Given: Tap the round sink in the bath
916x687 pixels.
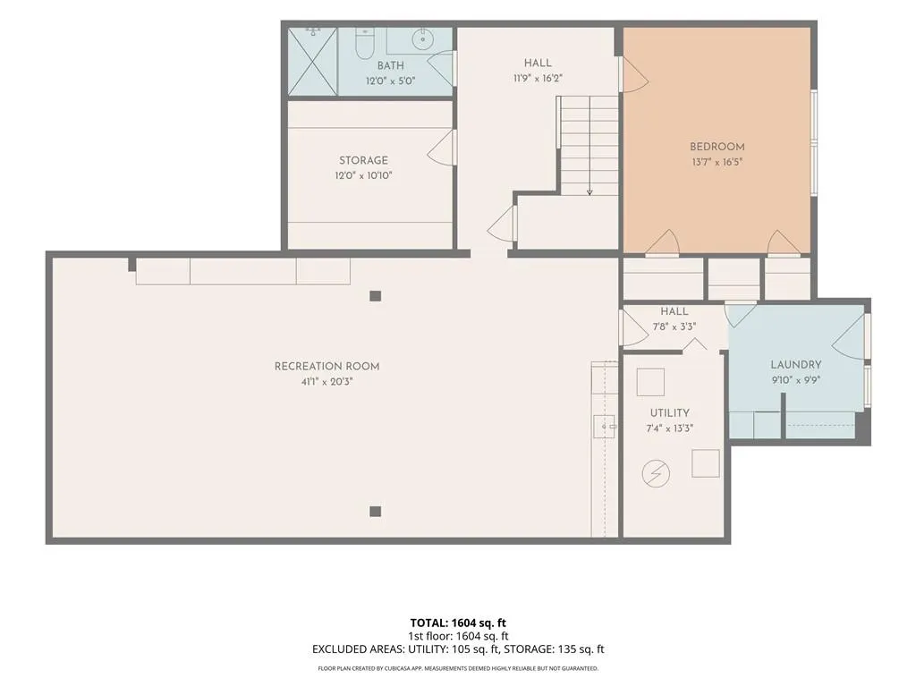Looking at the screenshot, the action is point(422,39).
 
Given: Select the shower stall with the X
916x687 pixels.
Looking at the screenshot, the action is point(312,61).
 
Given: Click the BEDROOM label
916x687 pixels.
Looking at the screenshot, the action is point(717,147).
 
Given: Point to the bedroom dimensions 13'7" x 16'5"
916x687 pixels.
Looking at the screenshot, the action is point(717,162).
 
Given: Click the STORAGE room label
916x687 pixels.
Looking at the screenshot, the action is point(363,160).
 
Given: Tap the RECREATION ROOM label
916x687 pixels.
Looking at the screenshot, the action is point(327,366).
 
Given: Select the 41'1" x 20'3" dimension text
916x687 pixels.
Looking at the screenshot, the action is point(327,381).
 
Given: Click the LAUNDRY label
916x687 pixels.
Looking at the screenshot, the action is point(795,365).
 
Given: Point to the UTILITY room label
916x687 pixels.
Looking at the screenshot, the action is point(669,412).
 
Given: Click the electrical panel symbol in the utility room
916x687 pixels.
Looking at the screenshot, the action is point(656,473).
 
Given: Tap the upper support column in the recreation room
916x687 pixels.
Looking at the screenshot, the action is point(376,295).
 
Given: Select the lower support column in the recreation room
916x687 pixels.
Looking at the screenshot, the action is point(376,512).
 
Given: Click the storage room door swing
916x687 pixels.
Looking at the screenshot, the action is point(442,147).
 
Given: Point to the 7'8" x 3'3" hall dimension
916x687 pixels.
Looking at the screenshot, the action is point(674,327).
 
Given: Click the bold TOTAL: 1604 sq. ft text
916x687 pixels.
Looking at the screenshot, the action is point(458,623).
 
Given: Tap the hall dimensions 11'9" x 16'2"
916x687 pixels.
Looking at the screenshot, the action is point(538,78).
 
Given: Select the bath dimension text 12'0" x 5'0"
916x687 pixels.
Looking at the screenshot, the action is point(390,81).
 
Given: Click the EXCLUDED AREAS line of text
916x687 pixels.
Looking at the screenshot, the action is point(458,649).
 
